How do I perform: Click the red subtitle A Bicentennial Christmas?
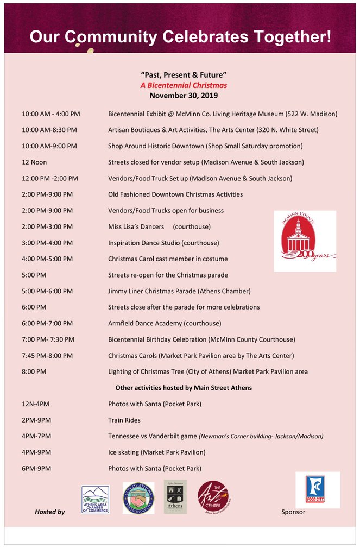click(x=184, y=85)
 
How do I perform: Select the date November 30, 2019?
click(x=184, y=96)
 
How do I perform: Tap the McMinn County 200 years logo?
click(x=305, y=241)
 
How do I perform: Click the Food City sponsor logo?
click(x=317, y=490)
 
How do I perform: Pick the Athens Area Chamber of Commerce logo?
click(x=95, y=499)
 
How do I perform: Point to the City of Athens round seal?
click(x=138, y=498)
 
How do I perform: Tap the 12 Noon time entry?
click(x=34, y=162)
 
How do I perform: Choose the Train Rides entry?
click(x=124, y=420)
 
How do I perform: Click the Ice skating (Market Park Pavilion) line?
click(x=157, y=452)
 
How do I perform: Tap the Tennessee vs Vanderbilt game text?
click(x=153, y=436)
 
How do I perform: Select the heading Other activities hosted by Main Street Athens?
click(x=184, y=388)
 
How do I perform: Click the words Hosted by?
click(x=49, y=512)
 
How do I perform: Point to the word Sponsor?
click(x=293, y=512)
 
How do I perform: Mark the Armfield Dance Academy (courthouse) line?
click(x=165, y=323)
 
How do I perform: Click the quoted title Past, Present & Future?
click(x=184, y=74)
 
